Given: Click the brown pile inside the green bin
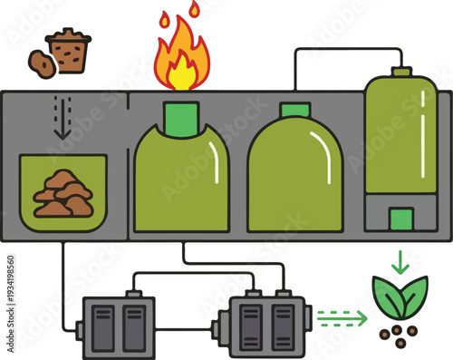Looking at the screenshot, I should [x=63, y=193].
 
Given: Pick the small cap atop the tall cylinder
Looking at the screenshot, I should [x=401, y=71].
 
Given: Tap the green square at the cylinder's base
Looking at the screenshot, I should [x=400, y=219].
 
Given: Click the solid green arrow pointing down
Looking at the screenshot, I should [x=400, y=261].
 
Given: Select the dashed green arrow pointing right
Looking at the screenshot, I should [x=342, y=317].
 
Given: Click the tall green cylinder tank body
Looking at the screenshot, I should [x=400, y=136].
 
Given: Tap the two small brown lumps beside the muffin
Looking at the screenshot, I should [x=40, y=62].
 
